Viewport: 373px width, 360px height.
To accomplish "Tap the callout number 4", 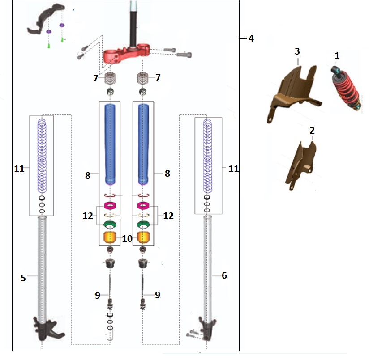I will pos(251,38).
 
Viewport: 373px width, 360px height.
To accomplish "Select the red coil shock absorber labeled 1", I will pos(346,85).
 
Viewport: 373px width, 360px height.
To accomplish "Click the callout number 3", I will pos(297,51).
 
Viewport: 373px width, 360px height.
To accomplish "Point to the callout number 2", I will pos(312,131).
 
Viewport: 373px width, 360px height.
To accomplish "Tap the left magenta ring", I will pos(110,206).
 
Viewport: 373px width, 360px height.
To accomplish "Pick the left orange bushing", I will pos(110,238).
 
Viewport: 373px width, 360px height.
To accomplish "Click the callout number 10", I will pos(127,239).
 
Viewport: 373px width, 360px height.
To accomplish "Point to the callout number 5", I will pos(23,278).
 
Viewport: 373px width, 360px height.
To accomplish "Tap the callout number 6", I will pos(224,275).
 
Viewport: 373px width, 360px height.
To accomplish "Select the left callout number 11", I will pos(18,169).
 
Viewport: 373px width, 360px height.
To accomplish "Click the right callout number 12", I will pos(168,216).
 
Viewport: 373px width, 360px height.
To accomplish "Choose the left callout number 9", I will pos(97,295).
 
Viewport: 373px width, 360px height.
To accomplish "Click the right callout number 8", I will pos(167,174).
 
